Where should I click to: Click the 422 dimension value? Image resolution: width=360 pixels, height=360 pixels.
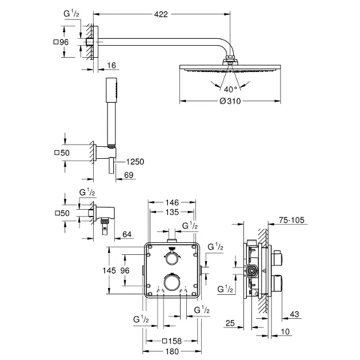[161, 15]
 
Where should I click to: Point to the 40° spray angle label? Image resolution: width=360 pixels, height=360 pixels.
[229, 89]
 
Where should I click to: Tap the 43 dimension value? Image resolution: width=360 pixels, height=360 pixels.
[294, 313]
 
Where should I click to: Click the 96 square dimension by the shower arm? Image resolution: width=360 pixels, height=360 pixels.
[61, 42]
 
